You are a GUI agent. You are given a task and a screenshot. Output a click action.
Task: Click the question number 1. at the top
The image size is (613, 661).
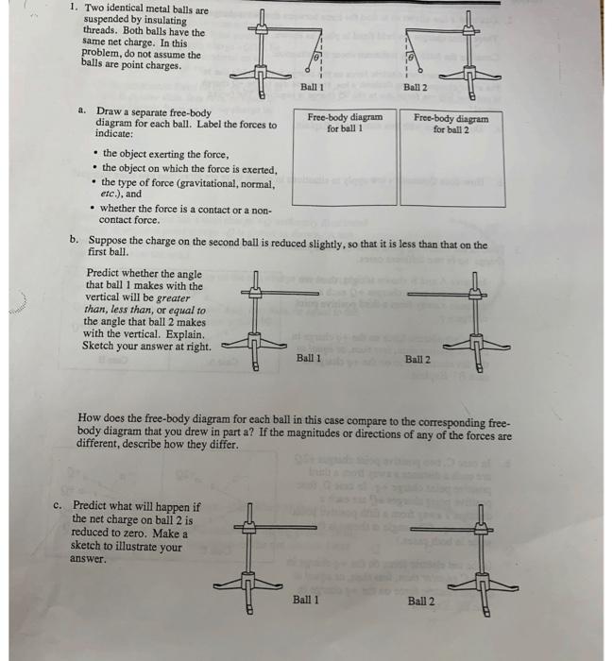pyautogui.click(x=75, y=8)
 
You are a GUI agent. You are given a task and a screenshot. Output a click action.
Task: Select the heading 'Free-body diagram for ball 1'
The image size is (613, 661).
pyautogui.click(x=346, y=123)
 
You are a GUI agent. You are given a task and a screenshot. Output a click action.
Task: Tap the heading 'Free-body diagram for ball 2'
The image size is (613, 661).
pyautogui.click(x=451, y=124)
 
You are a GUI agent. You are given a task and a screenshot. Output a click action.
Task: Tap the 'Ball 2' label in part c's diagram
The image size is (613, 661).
pyautogui.click(x=421, y=601)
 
